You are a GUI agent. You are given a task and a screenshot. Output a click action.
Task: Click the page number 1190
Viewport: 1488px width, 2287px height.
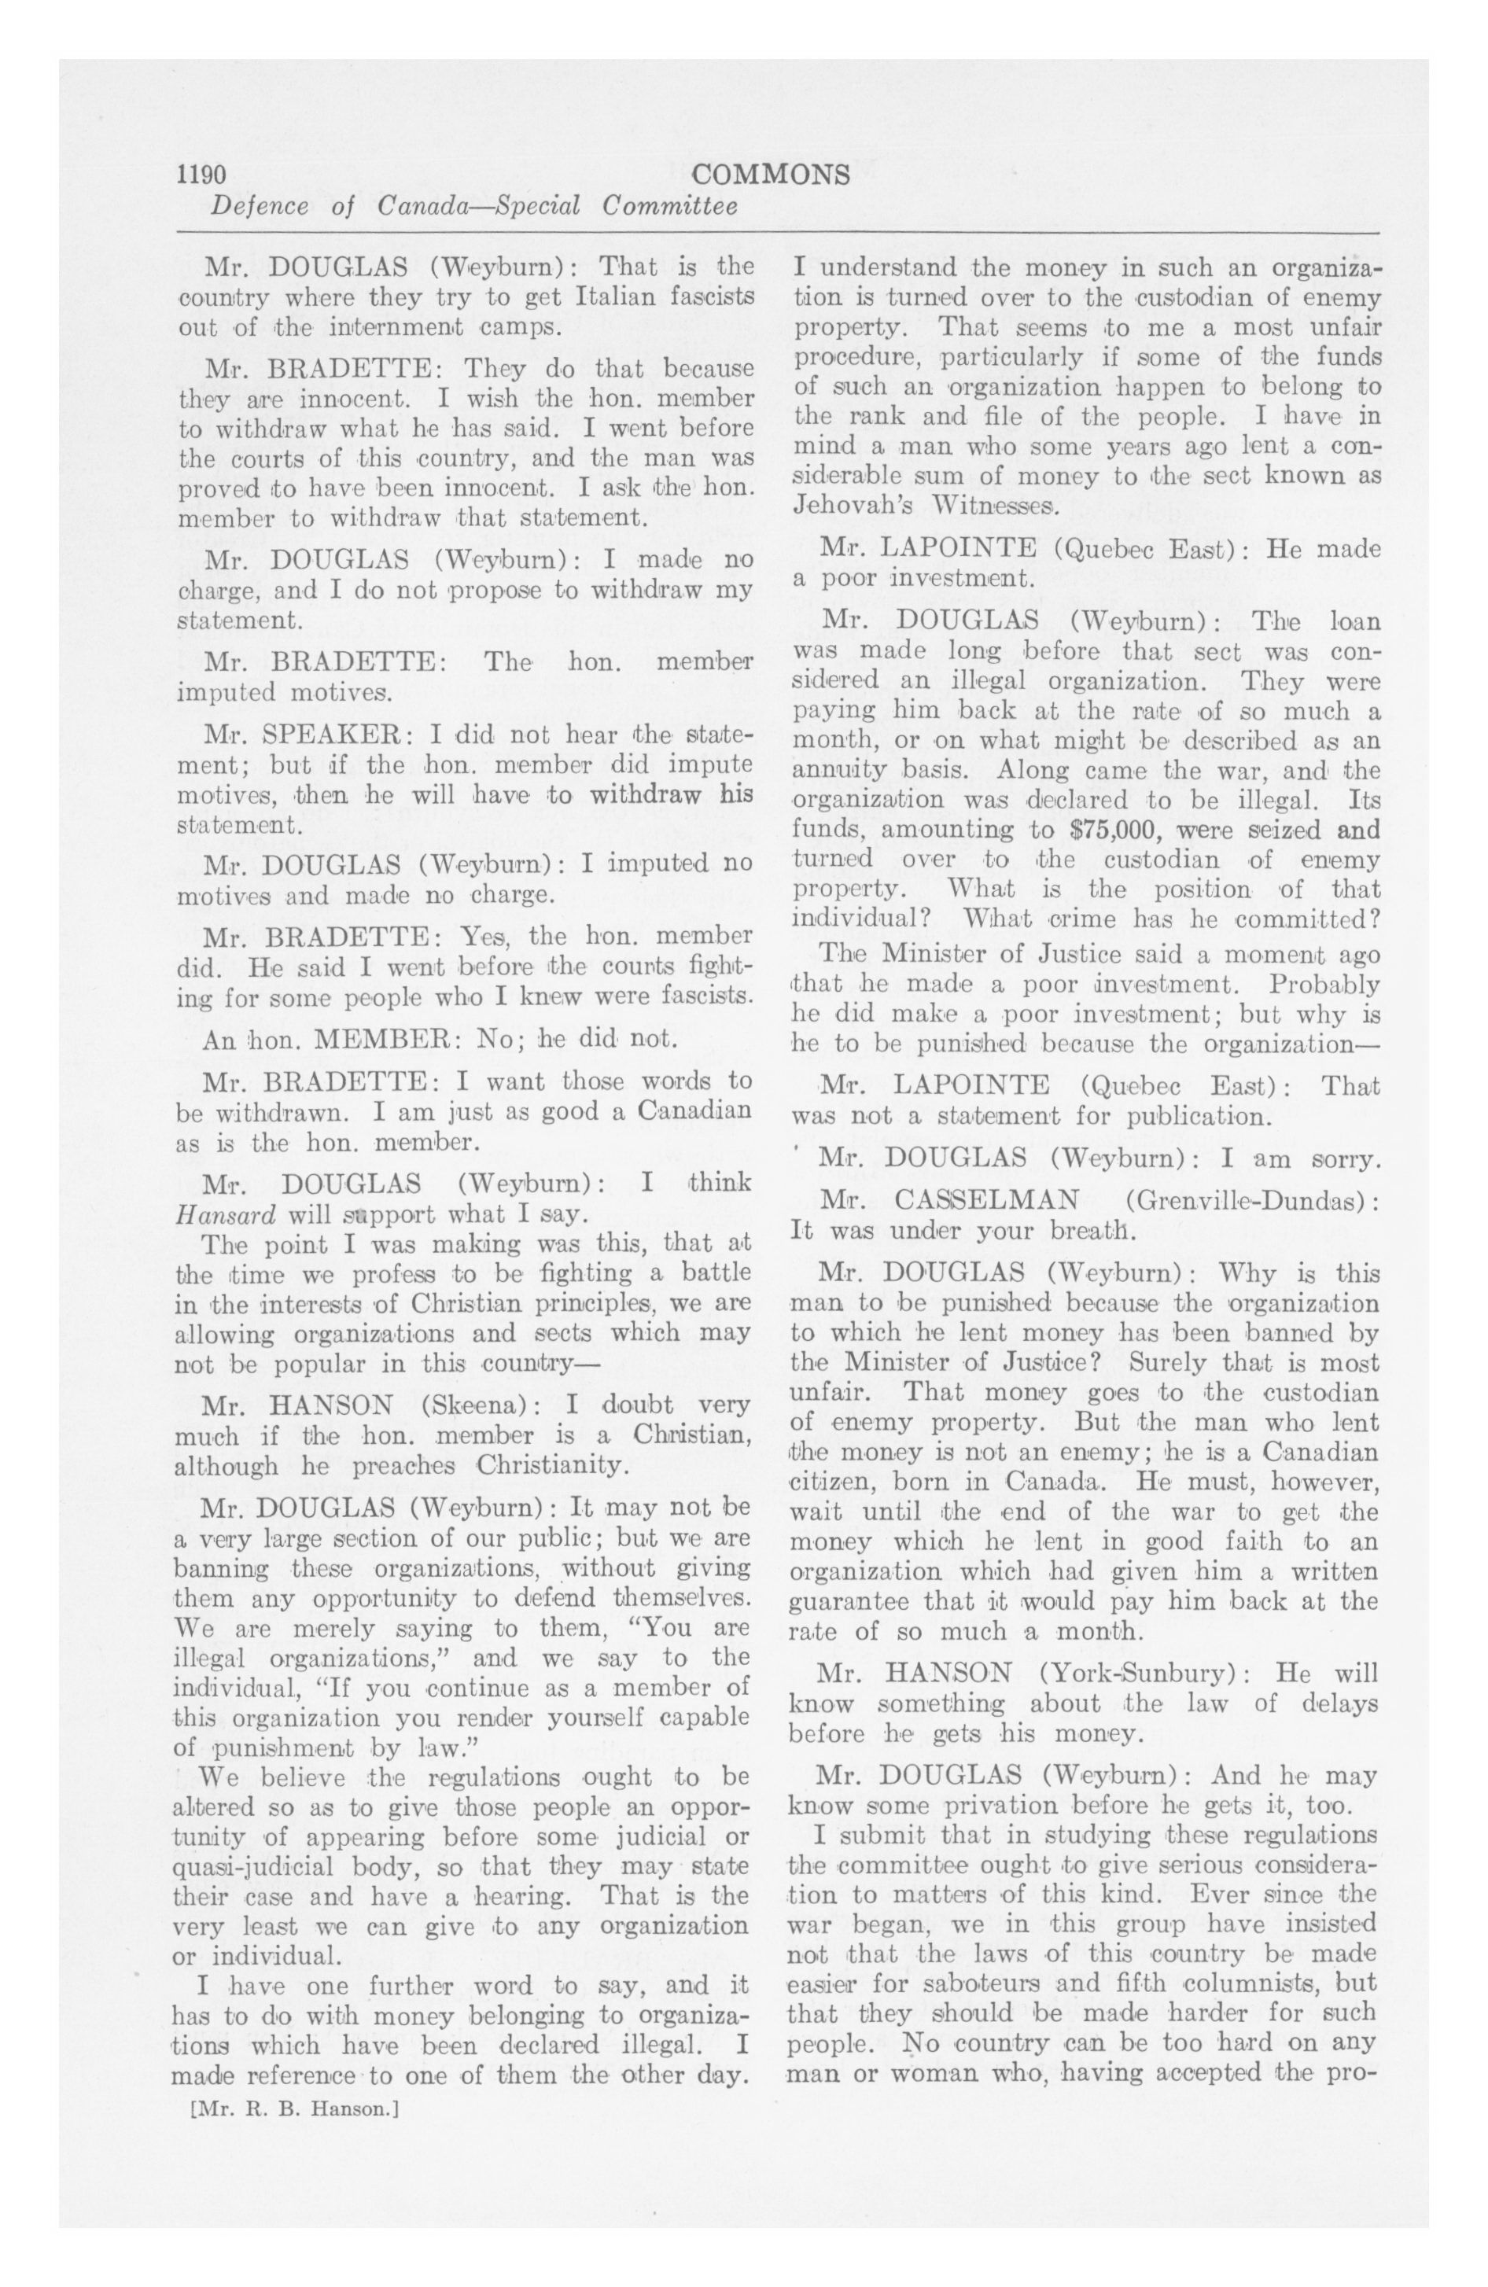201,174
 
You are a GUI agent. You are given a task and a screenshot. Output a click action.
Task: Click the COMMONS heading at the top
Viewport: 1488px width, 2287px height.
770,174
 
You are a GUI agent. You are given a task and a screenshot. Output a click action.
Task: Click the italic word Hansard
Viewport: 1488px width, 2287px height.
225,1213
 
